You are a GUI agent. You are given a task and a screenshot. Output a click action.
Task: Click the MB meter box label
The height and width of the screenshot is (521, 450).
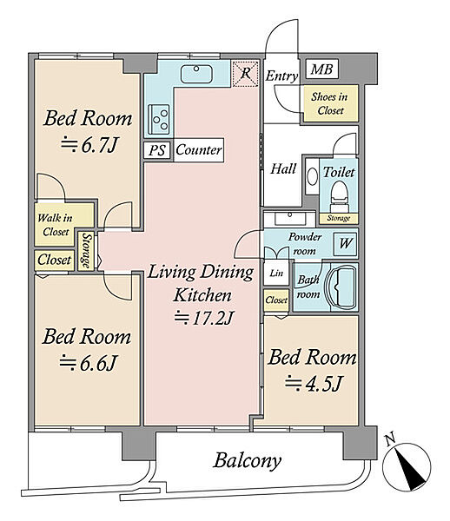(x=321, y=69)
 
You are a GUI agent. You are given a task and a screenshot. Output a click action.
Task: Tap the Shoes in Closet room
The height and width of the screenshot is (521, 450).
(x=331, y=103)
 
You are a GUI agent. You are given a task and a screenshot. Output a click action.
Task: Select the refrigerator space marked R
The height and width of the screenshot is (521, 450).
(x=245, y=74)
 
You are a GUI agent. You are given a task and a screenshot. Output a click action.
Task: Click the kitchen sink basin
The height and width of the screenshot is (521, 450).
(x=196, y=74)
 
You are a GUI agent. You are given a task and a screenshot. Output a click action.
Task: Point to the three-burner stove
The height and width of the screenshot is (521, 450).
(x=159, y=119)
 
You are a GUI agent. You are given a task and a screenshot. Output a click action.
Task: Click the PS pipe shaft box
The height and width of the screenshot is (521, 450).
(x=157, y=150)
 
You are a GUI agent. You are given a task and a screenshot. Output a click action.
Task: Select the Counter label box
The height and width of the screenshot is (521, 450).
(x=198, y=150)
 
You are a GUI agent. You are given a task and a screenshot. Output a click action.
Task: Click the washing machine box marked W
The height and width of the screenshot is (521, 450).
(x=345, y=244)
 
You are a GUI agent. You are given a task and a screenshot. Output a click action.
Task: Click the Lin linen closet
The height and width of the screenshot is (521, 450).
(x=276, y=274)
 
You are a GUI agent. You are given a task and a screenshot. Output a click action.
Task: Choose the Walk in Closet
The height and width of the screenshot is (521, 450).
(x=56, y=225)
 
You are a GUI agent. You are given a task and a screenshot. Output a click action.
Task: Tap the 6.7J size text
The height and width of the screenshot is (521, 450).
(x=89, y=145)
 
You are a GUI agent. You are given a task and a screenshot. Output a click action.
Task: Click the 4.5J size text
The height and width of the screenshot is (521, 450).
(x=313, y=384)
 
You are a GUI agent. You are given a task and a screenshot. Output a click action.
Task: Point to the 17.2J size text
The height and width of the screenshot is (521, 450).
(x=203, y=318)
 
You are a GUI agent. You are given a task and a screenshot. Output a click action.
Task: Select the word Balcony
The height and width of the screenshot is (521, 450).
(x=248, y=461)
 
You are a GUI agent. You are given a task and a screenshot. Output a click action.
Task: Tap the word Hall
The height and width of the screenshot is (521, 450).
(x=283, y=168)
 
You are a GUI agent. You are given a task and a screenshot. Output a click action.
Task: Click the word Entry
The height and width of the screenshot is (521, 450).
(x=281, y=76)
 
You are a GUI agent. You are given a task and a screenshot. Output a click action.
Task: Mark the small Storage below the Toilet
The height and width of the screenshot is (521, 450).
(x=338, y=218)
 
